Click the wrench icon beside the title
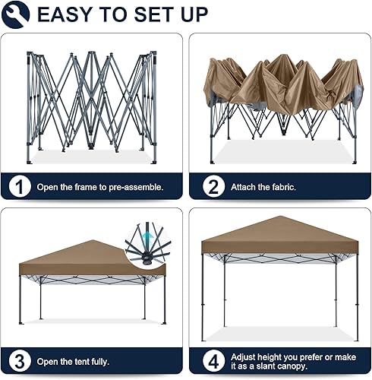(16, 14)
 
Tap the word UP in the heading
(191, 14)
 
